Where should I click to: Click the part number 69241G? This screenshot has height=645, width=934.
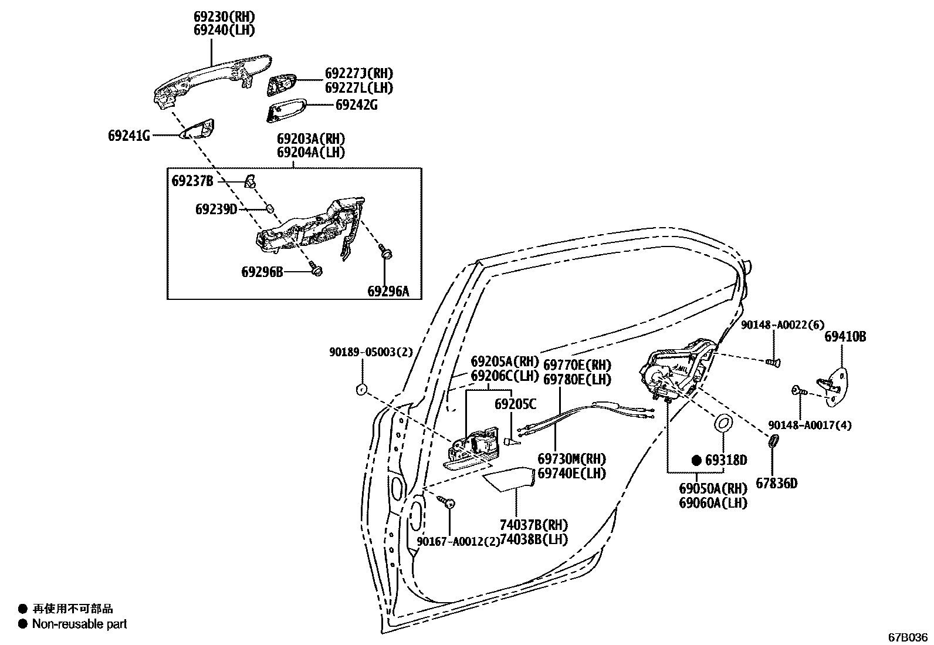click(x=128, y=136)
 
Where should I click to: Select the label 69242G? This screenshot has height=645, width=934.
click(x=356, y=105)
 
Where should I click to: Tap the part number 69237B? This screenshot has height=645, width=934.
click(x=192, y=180)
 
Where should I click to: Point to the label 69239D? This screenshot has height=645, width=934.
click(x=216, y=209)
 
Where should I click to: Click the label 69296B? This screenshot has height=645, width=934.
click(x=262, y=272)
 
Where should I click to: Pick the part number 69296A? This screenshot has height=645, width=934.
click(x=388, y=291)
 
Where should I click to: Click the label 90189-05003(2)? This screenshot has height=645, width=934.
click(x=371, y=352)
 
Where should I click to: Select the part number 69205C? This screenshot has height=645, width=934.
click(x=515, y=404)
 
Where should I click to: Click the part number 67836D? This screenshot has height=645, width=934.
click(x=776, y=484)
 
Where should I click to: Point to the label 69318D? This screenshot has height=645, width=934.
click(x=726, y=460)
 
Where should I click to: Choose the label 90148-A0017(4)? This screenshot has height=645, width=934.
click(x=810, y=425)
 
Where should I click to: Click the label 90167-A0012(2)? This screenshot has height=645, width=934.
click(x=458, y=541)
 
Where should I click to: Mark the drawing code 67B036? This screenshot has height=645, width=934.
click(x=908, y=637)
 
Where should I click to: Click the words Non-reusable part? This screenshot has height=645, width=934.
click(x=79, y=624)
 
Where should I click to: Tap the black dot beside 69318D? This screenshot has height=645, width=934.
click(x=696, y=460)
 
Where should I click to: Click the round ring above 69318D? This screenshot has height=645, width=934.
click(x=723, y=423)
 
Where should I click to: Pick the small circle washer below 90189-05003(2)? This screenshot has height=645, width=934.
click(x=362, y=389)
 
